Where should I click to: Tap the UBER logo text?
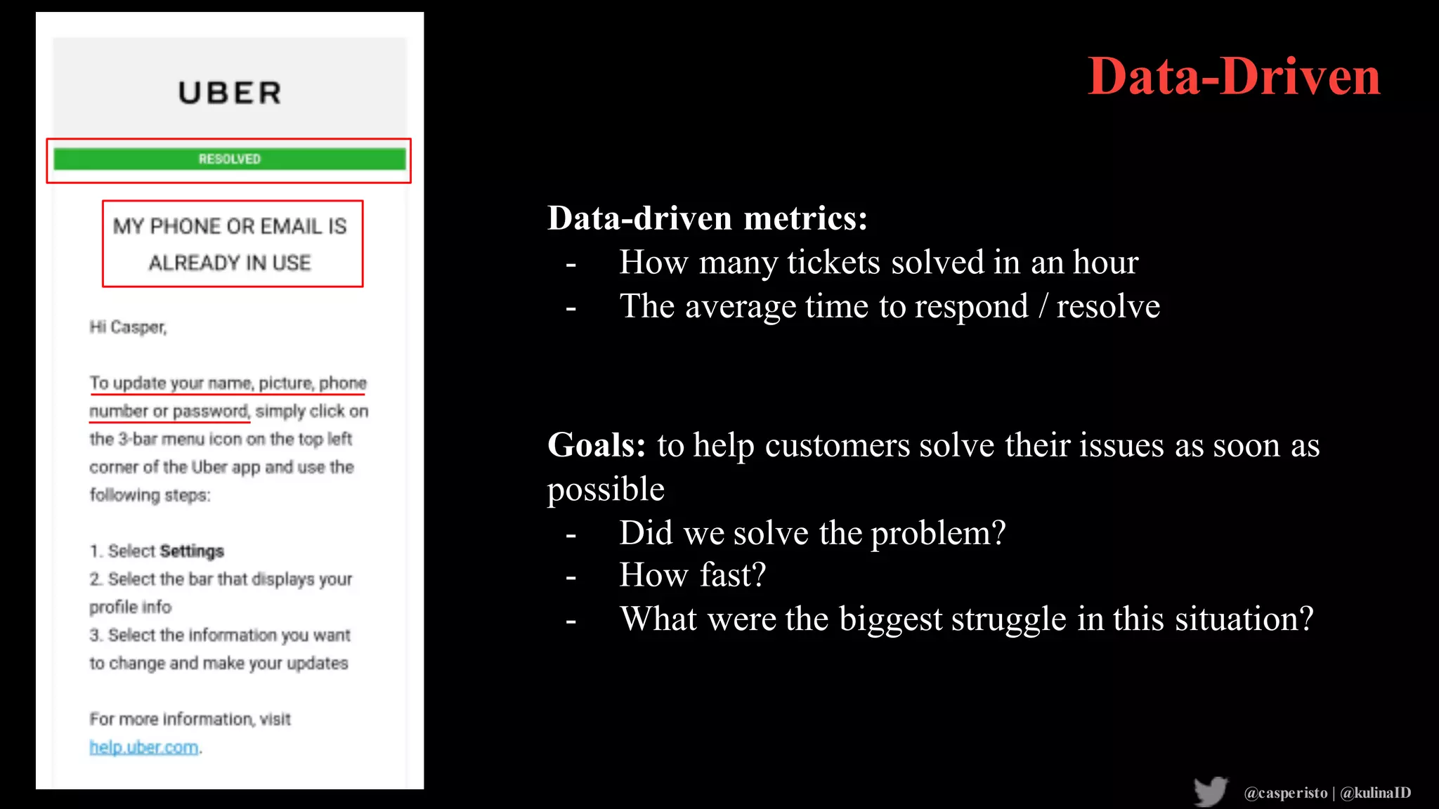tap(230, 93)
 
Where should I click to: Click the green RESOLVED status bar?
tap(230, 159)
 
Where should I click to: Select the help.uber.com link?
tap(144, 747)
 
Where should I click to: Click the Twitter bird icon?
tap(1210, 791)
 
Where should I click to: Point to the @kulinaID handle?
tap(1375, 793)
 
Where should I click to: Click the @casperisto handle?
tap(1285, 793)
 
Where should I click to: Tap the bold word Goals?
tap(596, 445)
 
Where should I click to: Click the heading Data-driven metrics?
tap(707, 218)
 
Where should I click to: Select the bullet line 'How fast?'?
tap(692, 575)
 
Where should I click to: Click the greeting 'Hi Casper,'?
tap(128, 327)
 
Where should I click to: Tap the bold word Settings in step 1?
tap(192, 551)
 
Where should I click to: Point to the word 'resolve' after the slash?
tap(1108, 307)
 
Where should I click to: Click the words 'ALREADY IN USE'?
tap(230, 263)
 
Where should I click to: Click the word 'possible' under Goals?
tap(606, 489)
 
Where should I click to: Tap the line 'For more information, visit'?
tap(190, 719)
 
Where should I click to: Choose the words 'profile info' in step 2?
tap(131, 607)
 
